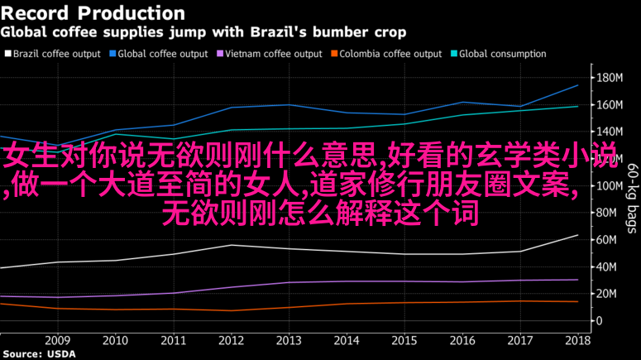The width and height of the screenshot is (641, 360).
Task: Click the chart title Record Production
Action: [93, 13]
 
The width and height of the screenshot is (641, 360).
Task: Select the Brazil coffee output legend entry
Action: [51, 54]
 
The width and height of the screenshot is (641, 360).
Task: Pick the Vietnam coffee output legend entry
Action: [270, 54]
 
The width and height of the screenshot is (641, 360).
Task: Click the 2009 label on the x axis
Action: [57, 340]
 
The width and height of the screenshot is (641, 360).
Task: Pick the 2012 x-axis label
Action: [231, 340]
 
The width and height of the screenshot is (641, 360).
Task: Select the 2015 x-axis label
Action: [404, 340]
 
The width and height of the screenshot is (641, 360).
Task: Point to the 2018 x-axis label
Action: [577, 340]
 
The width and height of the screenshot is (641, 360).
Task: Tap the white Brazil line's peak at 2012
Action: [232, 245]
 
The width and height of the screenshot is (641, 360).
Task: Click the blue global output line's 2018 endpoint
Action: [577, 85]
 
